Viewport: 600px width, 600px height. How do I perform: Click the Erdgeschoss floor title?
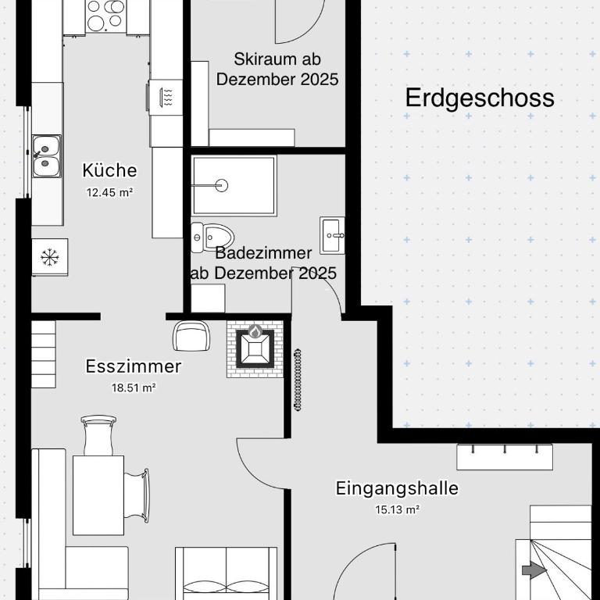coord(480,98)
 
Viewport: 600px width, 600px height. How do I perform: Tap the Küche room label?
coord(109,170)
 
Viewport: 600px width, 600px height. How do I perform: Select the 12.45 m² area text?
coord(110,192)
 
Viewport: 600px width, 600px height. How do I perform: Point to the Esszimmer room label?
coord(133,366)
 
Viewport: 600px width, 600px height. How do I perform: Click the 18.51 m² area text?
coord(134,387)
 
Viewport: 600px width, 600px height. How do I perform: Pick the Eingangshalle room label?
coord(397,487)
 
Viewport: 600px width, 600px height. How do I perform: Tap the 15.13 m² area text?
coord(397,509)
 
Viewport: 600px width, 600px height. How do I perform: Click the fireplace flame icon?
coord(255,331)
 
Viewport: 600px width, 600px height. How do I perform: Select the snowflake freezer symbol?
coord(50,257)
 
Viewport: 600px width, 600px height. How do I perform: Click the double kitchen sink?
coord(46,155)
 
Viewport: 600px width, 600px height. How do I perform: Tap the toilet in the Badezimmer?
coord(212,237)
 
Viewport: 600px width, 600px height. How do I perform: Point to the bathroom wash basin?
coord(332,235)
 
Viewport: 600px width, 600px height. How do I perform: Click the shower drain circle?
coord(221,186)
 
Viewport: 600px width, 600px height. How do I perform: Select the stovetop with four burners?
coord(105,16)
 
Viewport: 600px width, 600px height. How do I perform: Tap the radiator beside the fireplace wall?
coord(298,380)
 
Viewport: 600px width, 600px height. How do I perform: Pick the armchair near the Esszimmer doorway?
coord(191,336)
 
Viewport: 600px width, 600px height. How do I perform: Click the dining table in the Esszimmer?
coord(98,495)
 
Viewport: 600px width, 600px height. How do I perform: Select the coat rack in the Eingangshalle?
coord(505,457)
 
